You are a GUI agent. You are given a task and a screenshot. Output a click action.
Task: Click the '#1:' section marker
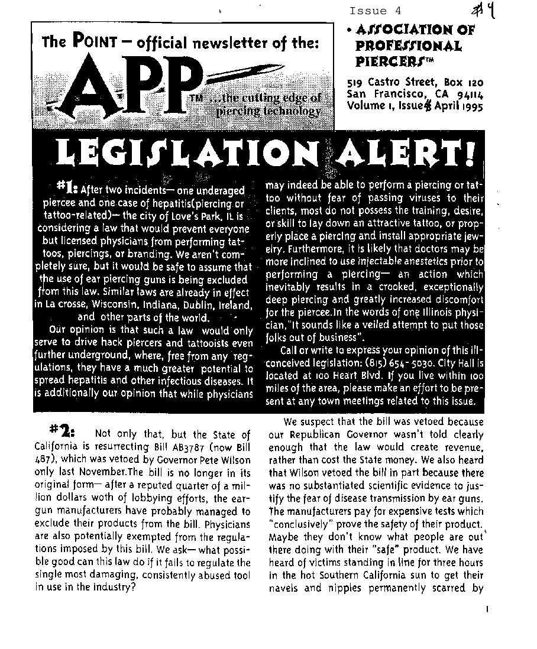click(67, 188)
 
